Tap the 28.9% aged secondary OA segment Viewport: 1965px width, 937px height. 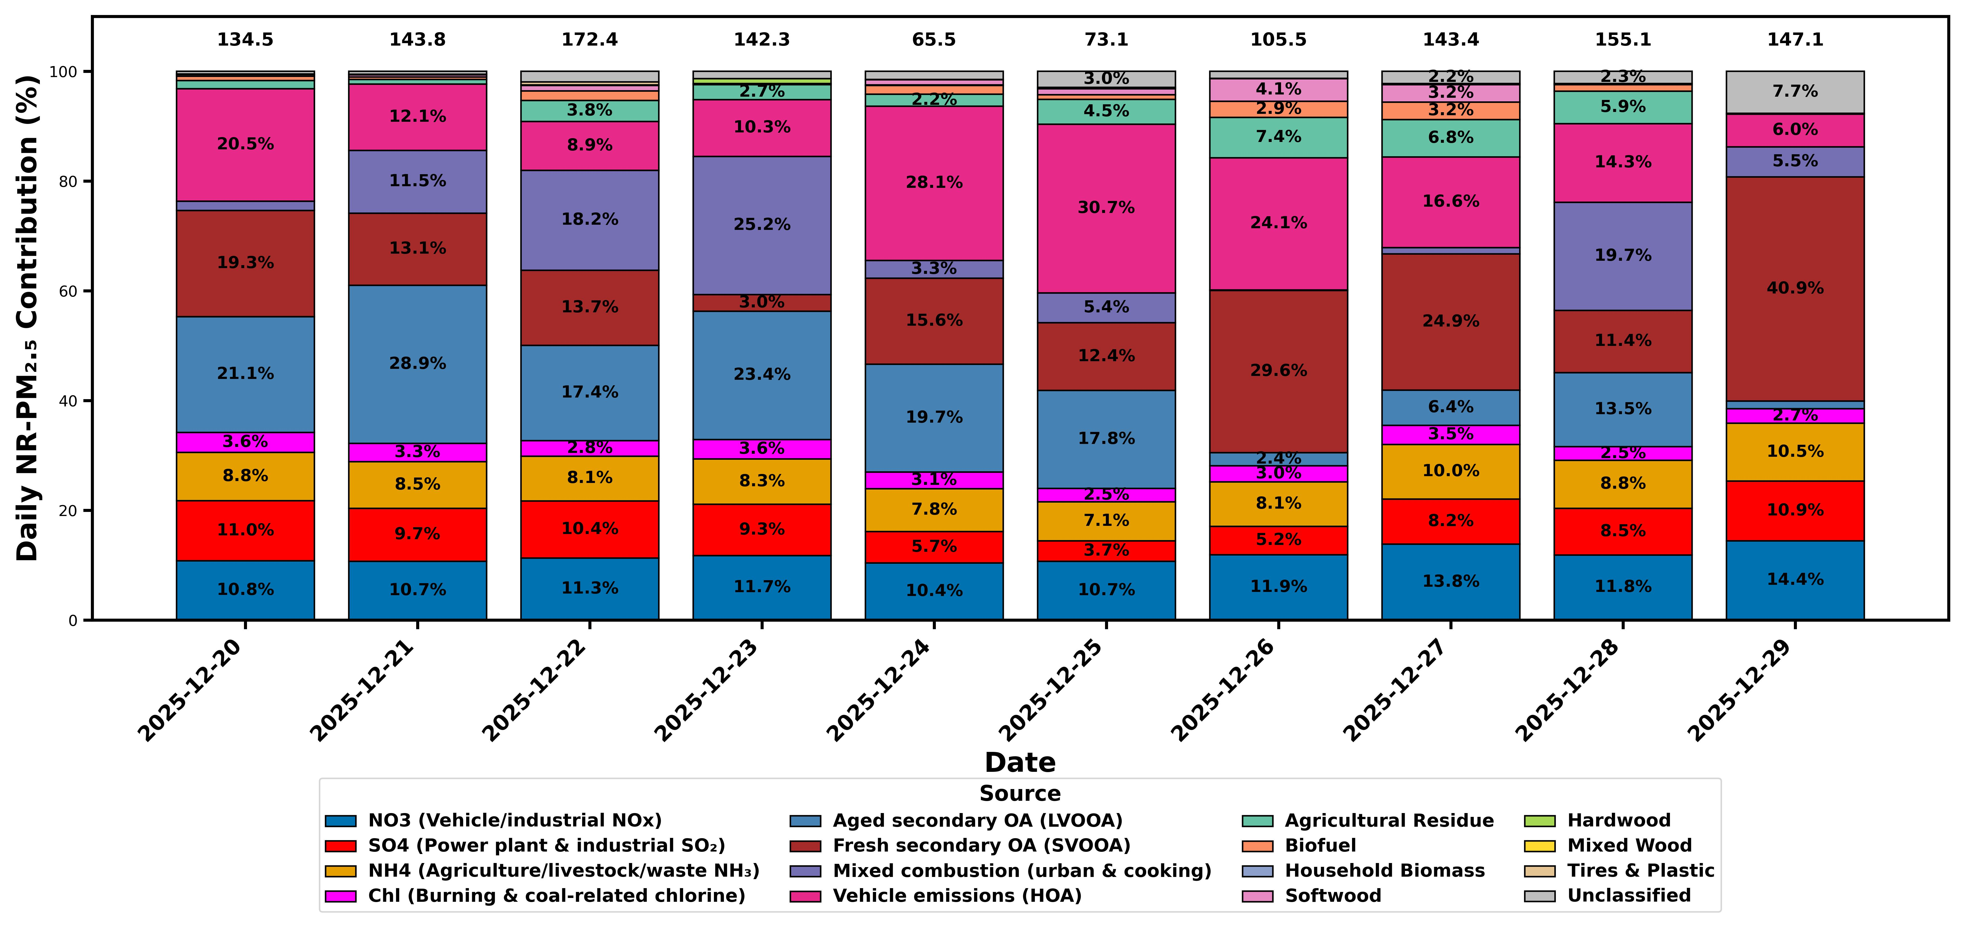point(417,363)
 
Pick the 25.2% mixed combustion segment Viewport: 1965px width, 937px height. point(761,224)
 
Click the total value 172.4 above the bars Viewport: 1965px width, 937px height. point(590,40)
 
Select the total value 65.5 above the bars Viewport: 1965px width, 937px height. point(934,40)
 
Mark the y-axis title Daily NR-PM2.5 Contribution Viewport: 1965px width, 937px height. point(28,318)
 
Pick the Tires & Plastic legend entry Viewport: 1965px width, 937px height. point(1640,871)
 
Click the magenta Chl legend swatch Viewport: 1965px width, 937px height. point(340,896)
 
